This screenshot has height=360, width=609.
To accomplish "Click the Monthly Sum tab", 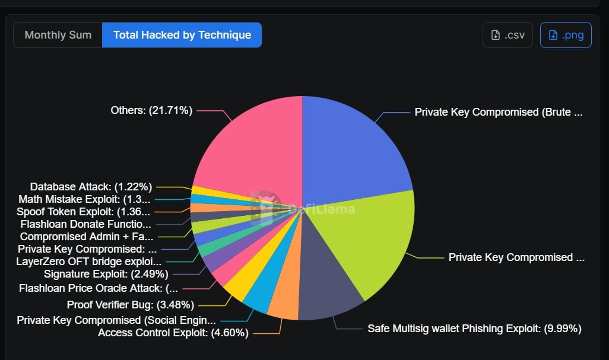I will click(58, 35).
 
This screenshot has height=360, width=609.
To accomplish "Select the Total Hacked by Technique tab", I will click(182, 35).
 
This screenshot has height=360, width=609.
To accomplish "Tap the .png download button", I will click(566, 35).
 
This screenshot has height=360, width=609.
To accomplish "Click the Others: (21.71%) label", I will click(151, 110).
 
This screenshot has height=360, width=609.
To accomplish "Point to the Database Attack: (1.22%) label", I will click(91, 187).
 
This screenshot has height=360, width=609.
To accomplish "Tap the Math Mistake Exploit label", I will click(84, 199).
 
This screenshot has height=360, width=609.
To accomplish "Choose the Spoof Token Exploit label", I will click(83, 212).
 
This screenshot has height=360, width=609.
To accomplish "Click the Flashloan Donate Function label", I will click(85, 224).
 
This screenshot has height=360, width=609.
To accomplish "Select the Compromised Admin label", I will click(87, 237).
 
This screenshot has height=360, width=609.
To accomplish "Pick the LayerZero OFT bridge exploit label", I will click(88, 262).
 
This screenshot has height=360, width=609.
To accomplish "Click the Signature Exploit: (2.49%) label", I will click(106, 274).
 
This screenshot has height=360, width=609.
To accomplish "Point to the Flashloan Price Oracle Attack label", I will click(98, 288).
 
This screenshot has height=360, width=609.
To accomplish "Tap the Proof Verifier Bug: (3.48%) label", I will click(131, 305).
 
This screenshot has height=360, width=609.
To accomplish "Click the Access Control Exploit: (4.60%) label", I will click(173, 333).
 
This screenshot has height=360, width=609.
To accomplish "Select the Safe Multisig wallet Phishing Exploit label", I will click(474, 328).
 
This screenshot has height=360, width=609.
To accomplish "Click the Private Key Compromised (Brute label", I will click(499, 112).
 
